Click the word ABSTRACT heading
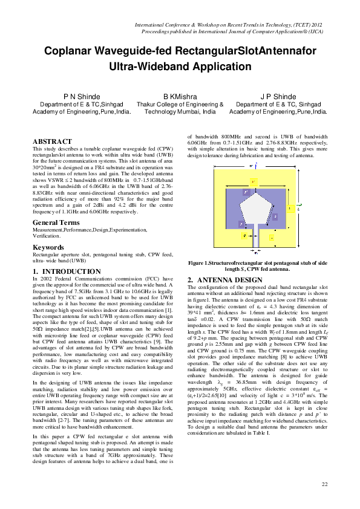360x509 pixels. coord(52,141)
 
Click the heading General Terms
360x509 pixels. coord(57,222)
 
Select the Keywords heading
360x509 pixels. coord(48,247)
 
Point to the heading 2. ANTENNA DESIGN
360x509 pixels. coord(224,280)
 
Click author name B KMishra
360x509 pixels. coord(180,97)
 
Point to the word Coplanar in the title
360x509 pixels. coord(70,53)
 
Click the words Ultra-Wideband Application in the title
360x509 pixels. coord(180,67)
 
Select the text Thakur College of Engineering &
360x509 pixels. coord(180,105)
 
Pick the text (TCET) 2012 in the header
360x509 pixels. coord(312,22)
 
